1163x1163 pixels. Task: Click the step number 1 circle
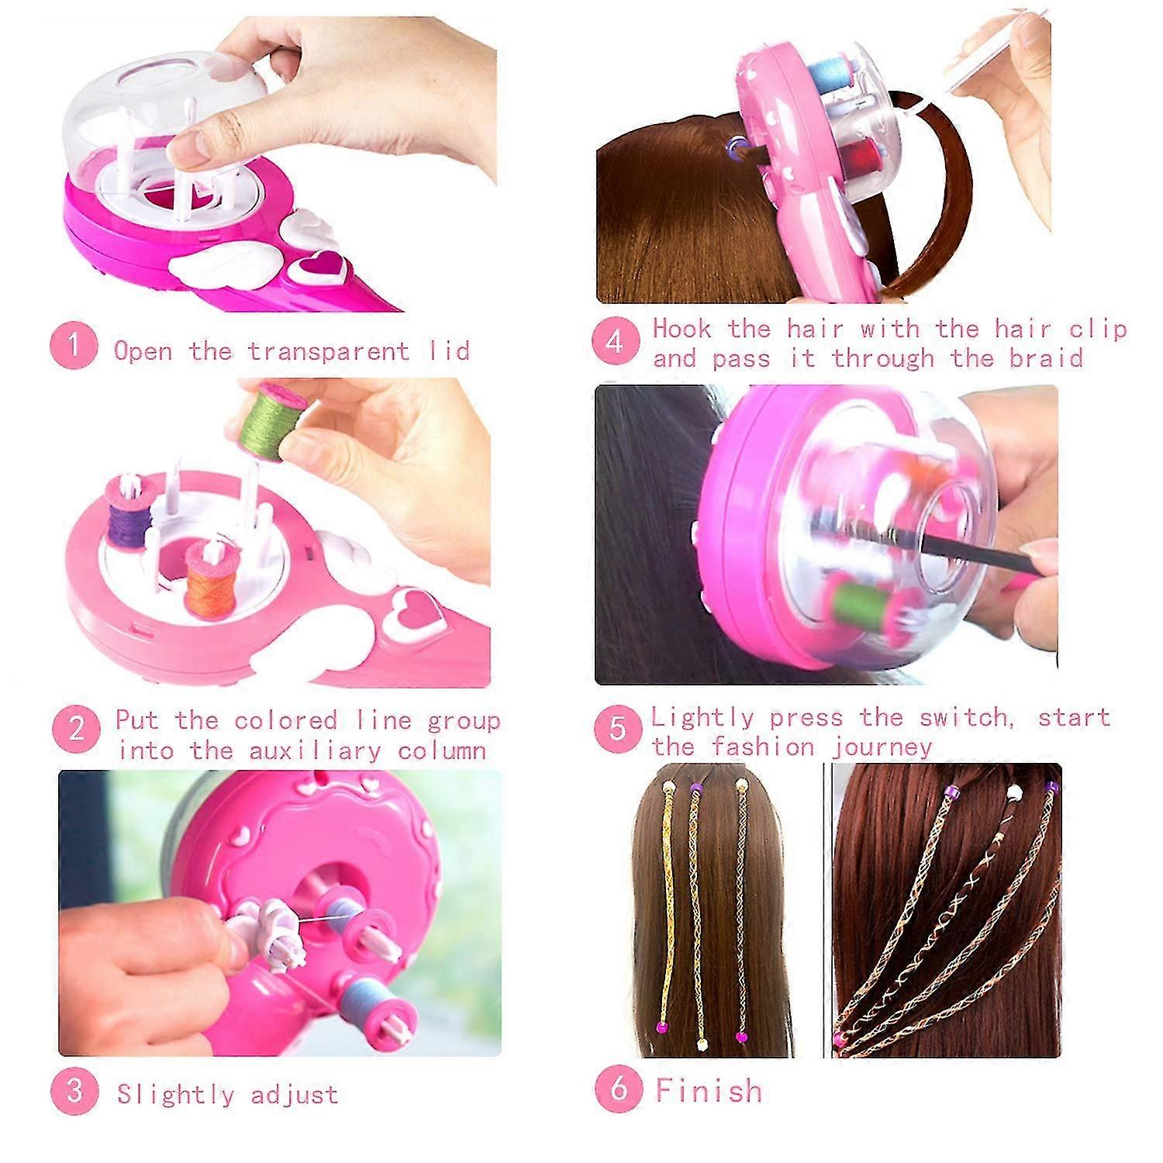pos(74,346)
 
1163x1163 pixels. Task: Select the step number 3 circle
pos(74,1091)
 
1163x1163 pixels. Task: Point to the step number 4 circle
pos(616,341)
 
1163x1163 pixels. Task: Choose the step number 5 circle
pos(618,729)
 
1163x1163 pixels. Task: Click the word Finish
pos(709,1090)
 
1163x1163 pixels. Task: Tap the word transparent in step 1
pos(328,351)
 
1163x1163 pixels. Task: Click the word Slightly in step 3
pos(175,1095)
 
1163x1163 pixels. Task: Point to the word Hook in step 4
pos(682,328)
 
